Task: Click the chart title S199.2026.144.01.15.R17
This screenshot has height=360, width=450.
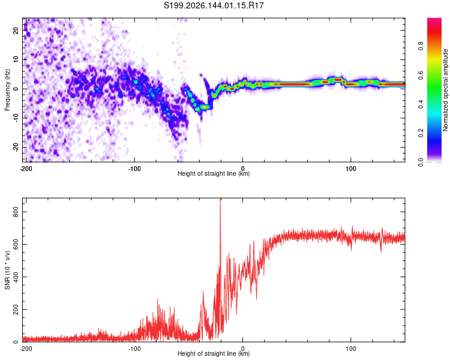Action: (x=214, y=5)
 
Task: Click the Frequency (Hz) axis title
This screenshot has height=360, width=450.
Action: (x=7, y=90)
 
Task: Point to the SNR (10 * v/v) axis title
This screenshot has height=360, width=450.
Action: (x=7, y=270)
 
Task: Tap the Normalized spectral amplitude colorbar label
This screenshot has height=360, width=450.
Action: (x=445, y=90)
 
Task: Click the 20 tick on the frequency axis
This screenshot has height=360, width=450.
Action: (x=16, y=30)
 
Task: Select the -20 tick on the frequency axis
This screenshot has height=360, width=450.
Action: (x=16, y=148)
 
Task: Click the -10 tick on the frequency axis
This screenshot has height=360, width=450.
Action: (x=16, y=118)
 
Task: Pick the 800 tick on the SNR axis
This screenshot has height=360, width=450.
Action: (x=16, y=212)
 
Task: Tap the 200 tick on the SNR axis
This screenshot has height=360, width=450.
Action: (x=16, y=310)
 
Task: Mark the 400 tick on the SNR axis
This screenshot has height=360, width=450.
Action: (x=16, y=277)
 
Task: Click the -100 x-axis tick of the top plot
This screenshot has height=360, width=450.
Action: (x=134, y=169)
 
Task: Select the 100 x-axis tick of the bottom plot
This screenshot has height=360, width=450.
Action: (x=351, y=349)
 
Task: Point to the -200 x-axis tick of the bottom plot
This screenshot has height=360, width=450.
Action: (x=26, y=349)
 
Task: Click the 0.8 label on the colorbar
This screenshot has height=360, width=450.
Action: (x=421, y=46)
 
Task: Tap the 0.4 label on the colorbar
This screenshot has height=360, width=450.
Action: (x=421, y=104)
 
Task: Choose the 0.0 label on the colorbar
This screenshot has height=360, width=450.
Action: (x=421, y=163)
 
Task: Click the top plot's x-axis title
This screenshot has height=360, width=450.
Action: (x=214, y=173)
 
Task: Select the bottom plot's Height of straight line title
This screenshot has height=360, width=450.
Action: (x=214, y=353)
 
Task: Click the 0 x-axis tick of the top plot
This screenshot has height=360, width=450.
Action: (x=242, y=169)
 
